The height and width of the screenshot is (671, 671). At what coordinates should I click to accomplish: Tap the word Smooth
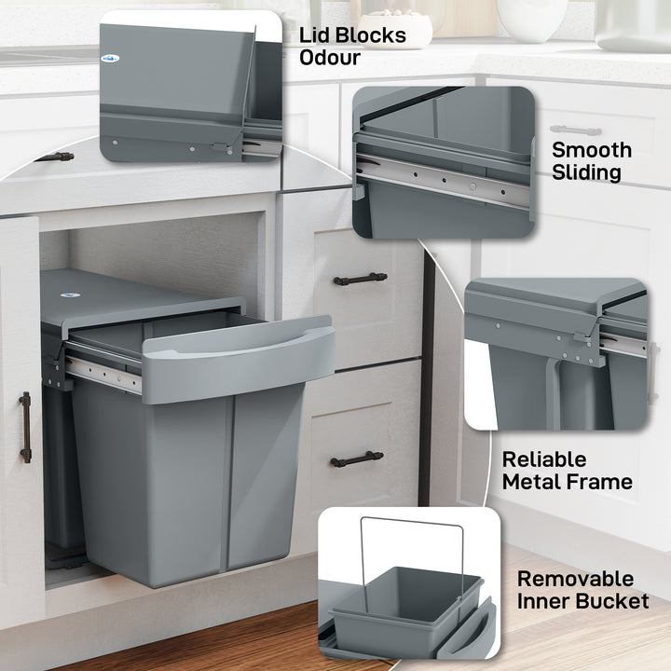591,150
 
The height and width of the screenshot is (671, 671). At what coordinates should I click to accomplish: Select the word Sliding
586,172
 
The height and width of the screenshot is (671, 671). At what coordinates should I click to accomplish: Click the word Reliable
544,459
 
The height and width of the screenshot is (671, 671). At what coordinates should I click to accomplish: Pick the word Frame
598,482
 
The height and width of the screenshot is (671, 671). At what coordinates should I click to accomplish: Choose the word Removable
575,579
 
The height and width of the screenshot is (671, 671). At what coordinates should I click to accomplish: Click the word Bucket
609,601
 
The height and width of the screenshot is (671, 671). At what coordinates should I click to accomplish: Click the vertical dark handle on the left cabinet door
25,427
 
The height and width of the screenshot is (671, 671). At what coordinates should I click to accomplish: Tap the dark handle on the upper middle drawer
360,279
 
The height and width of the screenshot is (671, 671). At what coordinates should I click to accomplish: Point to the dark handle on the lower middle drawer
356,459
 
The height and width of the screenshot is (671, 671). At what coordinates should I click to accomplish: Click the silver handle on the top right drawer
575,130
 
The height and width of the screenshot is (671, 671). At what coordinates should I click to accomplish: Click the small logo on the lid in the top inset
111,58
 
